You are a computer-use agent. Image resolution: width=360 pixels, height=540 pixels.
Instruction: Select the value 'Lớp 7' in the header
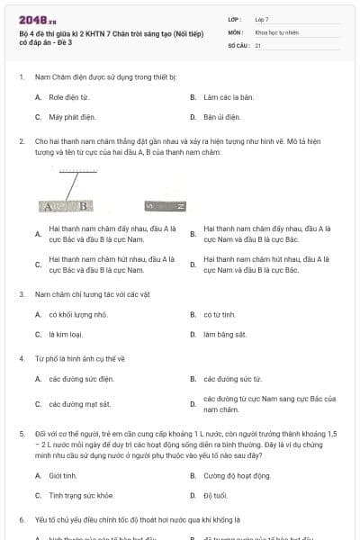click(263, 19)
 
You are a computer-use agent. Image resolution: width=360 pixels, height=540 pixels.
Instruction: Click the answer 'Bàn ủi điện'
click(222, 117)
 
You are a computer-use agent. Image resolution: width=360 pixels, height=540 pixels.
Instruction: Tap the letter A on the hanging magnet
click(49, 206)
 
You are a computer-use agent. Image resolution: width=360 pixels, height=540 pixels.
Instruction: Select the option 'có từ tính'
click(219, 314)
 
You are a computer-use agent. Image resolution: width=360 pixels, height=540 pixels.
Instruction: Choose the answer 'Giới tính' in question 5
click(63, 474)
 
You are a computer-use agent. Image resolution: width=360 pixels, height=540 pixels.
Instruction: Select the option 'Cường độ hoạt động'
click(237, 474)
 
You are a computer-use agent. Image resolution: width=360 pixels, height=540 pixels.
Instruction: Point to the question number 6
click(21, 520)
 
